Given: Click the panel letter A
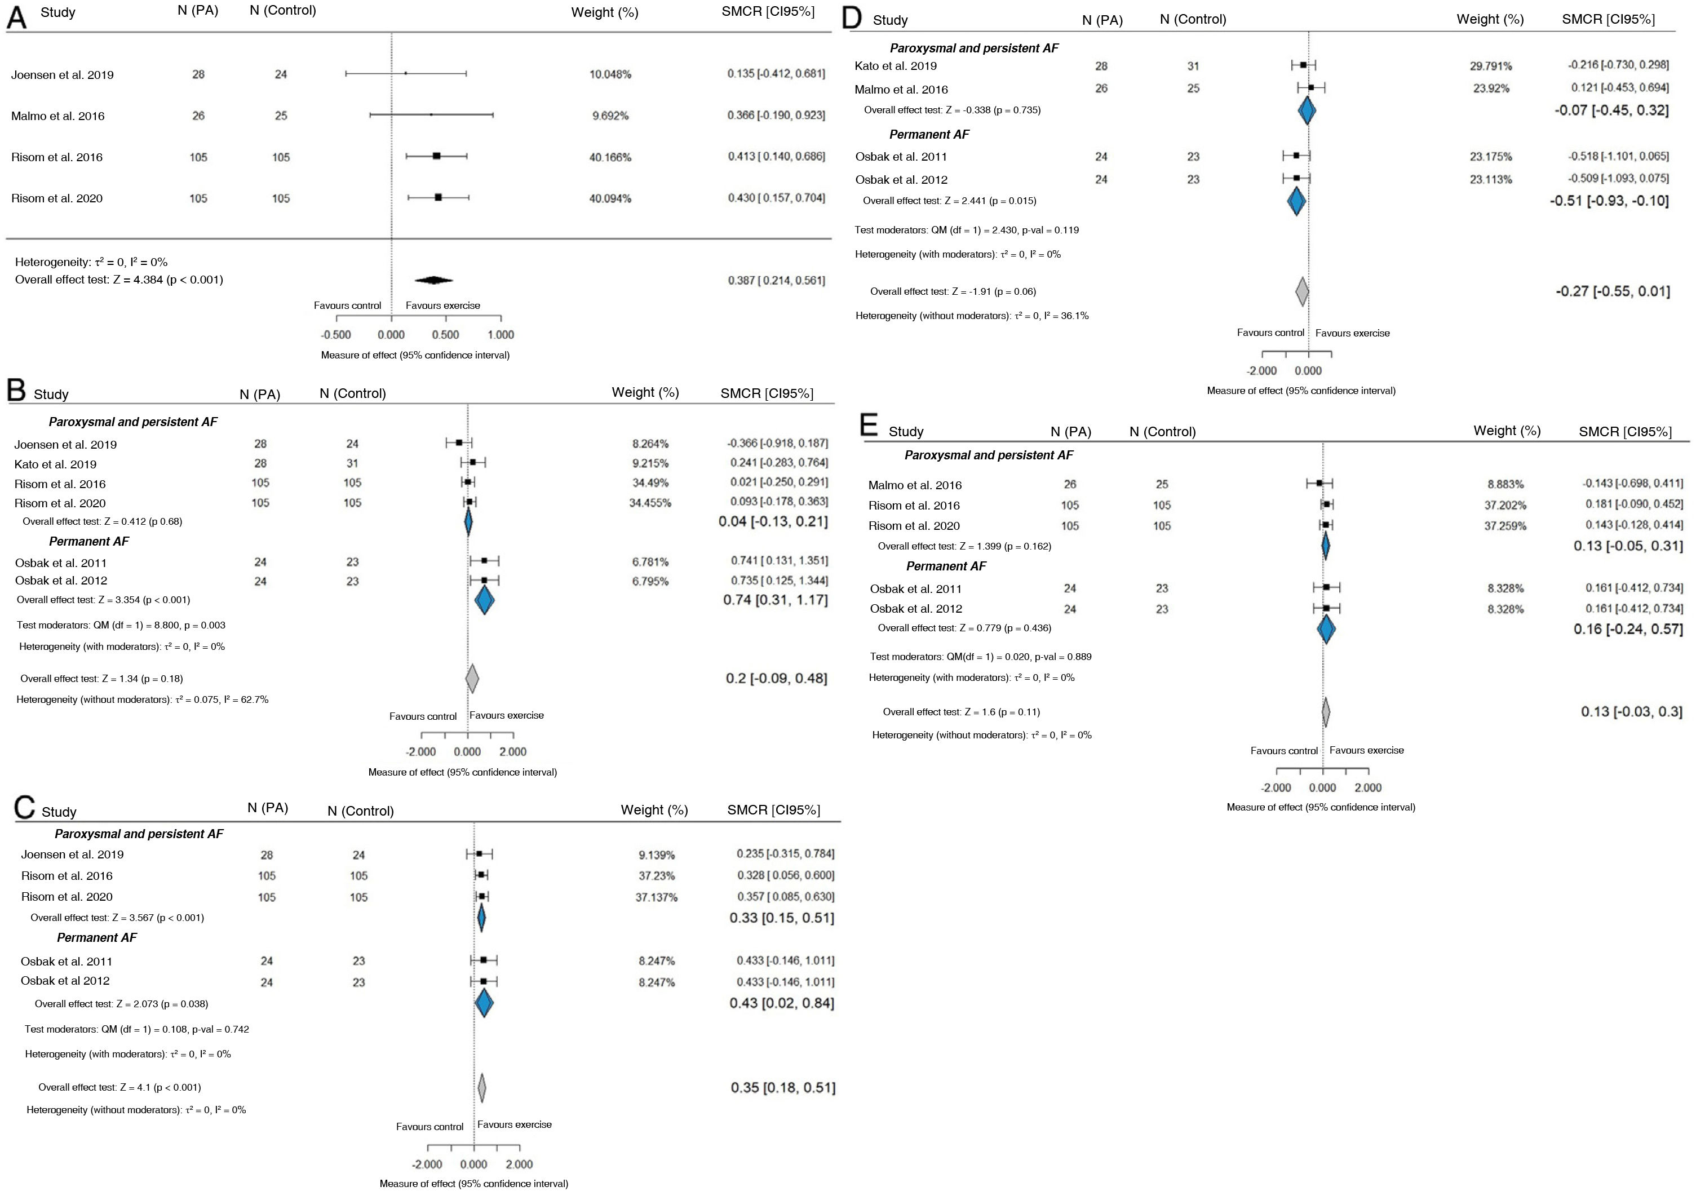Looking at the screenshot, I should [16, 17].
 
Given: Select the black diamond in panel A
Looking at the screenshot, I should [434, 280].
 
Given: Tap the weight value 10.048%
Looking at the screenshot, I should [610, 74].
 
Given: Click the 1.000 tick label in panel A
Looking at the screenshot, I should [501, 335].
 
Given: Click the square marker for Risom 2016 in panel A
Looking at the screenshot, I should [437, 156].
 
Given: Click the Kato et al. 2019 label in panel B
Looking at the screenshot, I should [55, 464].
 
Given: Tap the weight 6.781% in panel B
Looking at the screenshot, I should [650, 561].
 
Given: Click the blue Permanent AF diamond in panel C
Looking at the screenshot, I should [484, 1003].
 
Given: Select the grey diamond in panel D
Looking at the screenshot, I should [1302, 291].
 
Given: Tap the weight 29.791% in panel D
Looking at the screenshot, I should [1491, 66].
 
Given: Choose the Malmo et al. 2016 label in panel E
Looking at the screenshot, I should [915, 485].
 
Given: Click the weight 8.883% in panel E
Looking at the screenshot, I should [1505, 485].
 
